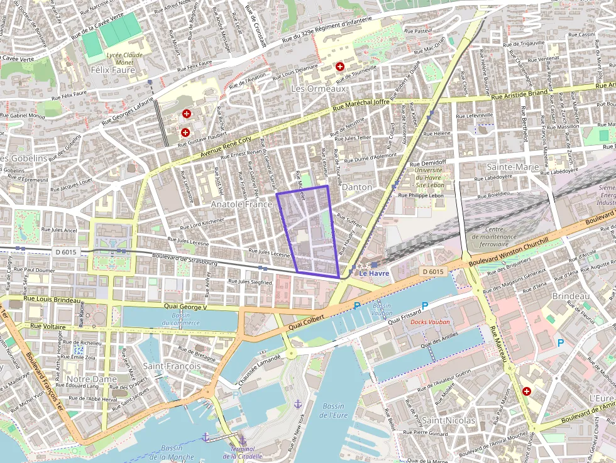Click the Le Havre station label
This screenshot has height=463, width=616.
pos(374,273)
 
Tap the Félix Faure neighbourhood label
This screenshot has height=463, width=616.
pos(113,70)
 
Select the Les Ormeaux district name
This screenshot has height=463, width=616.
pos(319,89)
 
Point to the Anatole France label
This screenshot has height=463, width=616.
pos(241,204)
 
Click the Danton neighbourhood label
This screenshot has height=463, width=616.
pos(357,187)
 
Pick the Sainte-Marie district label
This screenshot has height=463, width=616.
pos(513,167)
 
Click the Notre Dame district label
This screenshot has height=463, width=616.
pos(92,379)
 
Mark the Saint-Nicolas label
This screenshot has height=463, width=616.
pos(448,420)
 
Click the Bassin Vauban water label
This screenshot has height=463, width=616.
pos(382,308)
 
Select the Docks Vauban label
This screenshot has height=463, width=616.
pos(432,322)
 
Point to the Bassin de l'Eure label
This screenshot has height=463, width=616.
pos(333,410)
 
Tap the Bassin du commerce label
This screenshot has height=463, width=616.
pos(180,319)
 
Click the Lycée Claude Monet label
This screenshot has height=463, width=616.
pos(124,59)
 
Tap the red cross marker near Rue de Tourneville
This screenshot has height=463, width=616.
pos(340,66)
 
